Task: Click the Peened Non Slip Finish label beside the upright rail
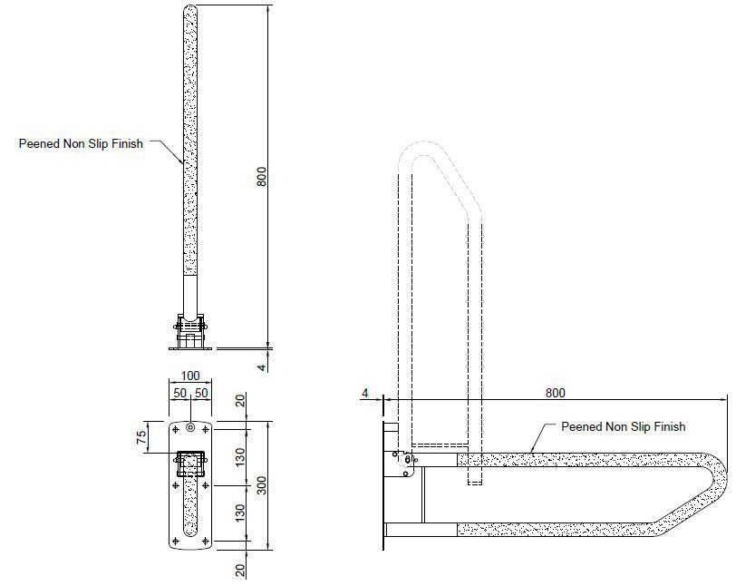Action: pyautogui.click(x=81, y=143)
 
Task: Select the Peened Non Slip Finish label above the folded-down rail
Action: pyautogui.click(x=623, y=426)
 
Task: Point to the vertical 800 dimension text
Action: pyautogui.click(x=261, y=177)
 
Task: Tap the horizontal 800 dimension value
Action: pyautogui.click(x=556, y=393)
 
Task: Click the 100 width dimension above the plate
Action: pyautogui.click(x=190, y=376)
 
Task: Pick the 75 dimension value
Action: pyautogui.click(x=141, y=437)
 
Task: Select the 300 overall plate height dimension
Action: pyautogui.click(x=261, y=486)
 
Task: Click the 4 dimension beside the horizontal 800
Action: pyautogui.click(x=365, y=394)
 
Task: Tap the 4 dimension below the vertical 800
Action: pyautogui.click(x=261, y=367)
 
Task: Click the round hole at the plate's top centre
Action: pyautogui.click(x=190, y=427)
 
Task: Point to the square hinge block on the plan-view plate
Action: pyautogui.click(x=190, y=464)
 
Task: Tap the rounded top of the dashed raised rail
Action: pyautogui.click(x=422, y=144)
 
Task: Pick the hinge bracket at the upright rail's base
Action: pyautogui.click(x=190, y=328)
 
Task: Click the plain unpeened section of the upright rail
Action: pyautogui.click(x=190, y=294)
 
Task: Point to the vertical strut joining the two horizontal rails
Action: pyautogui.click(x=423, y=495)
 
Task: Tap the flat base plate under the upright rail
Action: pyautogui.click(x=190, y=347)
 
